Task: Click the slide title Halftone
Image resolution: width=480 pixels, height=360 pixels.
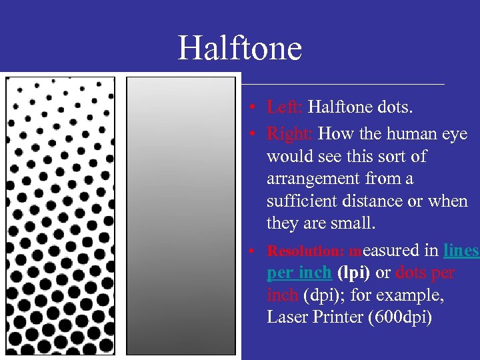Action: (239, 49)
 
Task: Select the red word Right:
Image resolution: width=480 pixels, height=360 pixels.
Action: (289, 133)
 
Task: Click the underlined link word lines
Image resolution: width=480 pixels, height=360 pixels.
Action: (461, 251)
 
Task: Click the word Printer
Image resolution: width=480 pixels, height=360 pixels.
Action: (339, 317)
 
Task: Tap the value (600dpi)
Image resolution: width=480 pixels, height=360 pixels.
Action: (400, 317)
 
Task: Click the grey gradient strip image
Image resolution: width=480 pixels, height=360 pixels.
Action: (181, 216)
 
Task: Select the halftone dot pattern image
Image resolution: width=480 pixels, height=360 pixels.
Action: (60, 216)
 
